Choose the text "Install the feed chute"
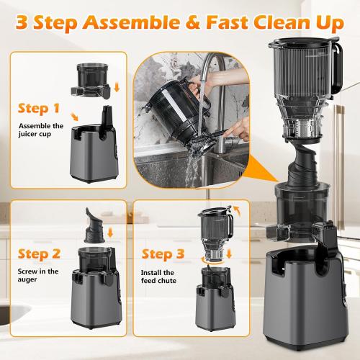[x=158, y=277]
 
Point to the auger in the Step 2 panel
[x=94, y=220]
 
